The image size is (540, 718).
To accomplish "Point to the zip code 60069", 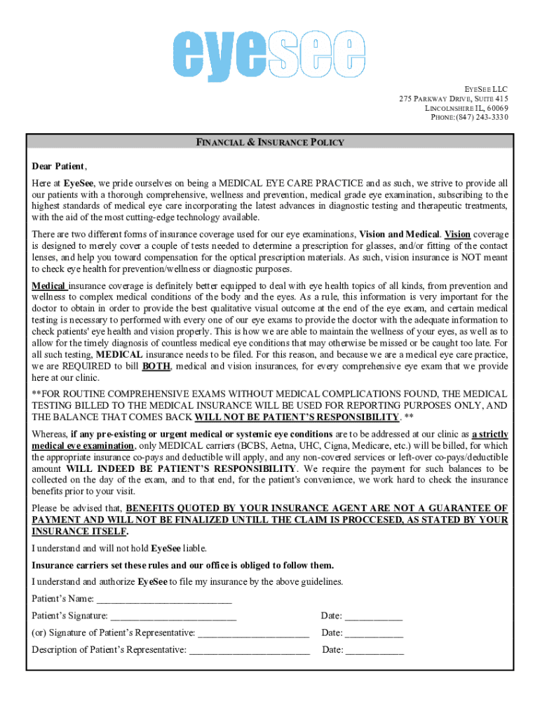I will click(x=495, y=108).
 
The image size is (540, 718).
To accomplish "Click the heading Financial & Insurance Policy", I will click(x=270, y=142).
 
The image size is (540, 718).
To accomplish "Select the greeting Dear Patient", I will click(x=59, y=167).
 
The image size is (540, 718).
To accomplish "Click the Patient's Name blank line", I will click(x=164, y=599).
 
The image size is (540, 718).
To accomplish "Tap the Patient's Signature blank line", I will click(x=173, y=616).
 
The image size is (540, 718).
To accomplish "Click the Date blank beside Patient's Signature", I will click(x=374, y=616).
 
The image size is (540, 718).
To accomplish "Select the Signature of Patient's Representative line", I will click(x=254, y=632).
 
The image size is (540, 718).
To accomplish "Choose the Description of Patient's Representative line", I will click(x=250, y=649).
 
